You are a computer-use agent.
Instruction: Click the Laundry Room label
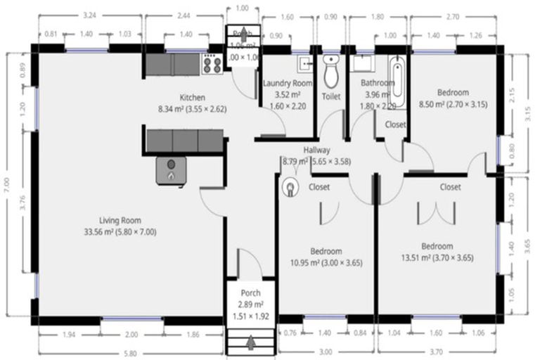[x=287, y=83]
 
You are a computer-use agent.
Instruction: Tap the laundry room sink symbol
[x=305, y=63]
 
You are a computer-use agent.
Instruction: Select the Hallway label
[x=316, y=150]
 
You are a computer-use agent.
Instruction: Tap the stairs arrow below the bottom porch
[x=251, y=343]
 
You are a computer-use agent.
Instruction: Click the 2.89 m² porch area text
[x=251, y=304]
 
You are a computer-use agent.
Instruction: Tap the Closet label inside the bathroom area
[x=394, y=124]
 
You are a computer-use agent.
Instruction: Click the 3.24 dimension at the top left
[x=89, y=14]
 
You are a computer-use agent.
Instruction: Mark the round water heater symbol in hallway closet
[x=290, y=188]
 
